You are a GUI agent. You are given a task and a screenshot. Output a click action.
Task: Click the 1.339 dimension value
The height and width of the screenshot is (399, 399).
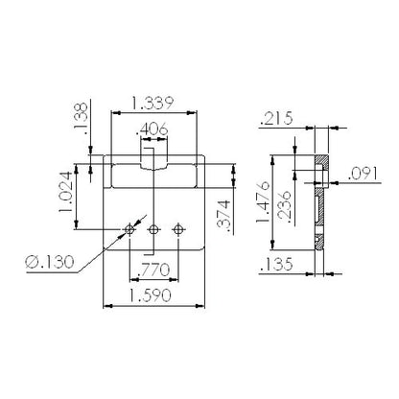153,103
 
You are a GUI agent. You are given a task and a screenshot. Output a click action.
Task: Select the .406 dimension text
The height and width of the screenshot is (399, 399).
152,129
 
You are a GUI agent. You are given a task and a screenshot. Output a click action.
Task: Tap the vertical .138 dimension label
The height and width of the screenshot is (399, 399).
81,115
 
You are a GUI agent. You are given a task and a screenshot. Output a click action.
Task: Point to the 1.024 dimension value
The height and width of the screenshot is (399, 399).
65,192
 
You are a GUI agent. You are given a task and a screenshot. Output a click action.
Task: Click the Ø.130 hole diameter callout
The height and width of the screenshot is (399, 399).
50,262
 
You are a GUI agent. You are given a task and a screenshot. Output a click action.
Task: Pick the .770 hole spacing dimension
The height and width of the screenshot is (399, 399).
153,270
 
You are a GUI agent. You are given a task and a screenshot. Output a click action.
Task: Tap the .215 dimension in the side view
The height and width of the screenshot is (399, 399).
276,118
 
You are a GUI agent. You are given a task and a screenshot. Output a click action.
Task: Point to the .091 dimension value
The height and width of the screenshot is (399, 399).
364,174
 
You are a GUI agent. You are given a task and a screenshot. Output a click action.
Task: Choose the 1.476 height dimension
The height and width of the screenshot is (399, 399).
263,202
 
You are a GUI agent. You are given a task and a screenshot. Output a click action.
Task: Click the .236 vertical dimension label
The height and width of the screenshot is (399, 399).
284,207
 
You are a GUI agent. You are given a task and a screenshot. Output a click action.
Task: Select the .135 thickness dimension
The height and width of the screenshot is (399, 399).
276,264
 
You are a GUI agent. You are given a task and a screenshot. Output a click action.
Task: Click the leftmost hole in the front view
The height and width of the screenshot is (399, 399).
129,229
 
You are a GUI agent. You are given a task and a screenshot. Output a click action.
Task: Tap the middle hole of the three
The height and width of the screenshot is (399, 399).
153,229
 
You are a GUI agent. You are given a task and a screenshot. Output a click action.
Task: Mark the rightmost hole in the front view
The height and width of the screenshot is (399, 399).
177,229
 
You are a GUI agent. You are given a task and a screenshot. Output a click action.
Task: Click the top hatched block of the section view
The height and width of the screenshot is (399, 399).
322,161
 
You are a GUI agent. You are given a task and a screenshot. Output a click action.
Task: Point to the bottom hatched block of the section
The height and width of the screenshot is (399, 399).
319,243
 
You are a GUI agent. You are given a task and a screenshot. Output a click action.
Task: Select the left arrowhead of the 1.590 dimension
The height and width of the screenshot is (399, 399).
107,306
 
